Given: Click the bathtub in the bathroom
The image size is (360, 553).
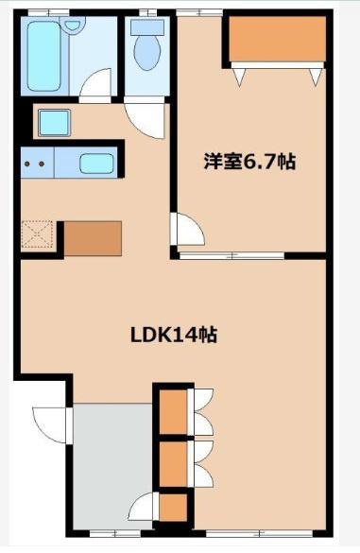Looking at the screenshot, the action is point(44,56).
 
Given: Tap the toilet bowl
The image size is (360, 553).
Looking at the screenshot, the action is point(147,53).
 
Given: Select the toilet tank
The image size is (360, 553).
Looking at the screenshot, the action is point(147,27).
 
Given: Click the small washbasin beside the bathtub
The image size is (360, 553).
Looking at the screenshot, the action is point(73,26).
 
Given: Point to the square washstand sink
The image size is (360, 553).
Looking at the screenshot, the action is point(54,123).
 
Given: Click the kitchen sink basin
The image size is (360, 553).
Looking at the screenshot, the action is point(96,164).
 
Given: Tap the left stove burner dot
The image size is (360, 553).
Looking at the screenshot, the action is point(26,164).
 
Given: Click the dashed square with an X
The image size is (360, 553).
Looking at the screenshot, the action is point(37,233).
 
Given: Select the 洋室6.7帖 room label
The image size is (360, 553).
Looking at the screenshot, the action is point(249,162).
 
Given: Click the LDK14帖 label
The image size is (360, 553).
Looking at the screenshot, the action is point(174,335).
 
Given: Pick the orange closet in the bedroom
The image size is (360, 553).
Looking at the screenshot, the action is point(277,39).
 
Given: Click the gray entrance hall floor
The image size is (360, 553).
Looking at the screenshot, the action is point(112,465).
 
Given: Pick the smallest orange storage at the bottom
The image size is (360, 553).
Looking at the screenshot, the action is point(173,507).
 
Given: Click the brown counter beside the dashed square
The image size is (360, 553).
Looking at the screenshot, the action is point(93,238).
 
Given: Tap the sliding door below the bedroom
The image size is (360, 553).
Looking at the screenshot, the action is point(231,255).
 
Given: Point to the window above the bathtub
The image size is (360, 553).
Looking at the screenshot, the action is point(48,13).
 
